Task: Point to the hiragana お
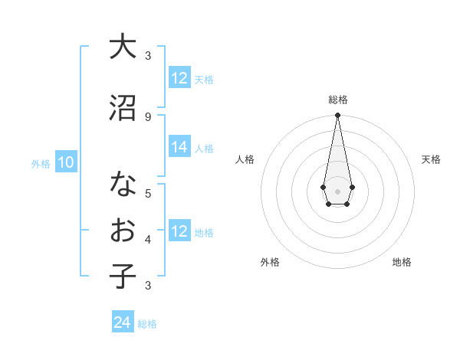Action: pyautogui.click(x=123, y=231)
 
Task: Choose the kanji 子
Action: pyautogui.click(x=123, y=276)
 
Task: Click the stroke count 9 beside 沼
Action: pyautogui.click(x=148, y=116)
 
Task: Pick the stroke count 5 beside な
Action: pyautogui.click(x=148, y=192)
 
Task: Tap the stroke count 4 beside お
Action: pyautogui.click(x=148, y=240)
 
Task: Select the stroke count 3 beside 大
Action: pyautogui.click(x=148, y=56)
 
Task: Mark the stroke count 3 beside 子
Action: pyautogui.click(x=148, y=286)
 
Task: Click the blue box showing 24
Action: pyautogui.click(x=122, y=322)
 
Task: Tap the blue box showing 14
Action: pyautogui.click(x=179, y=147)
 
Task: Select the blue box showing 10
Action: pyautogui.click(x=65, y=162)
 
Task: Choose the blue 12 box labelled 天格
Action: pyautogui.click(x=179, y=78)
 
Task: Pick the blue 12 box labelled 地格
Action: pyautogui.click(x=179, y=231)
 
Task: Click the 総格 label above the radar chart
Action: pyautogui.click(x=337, y=100)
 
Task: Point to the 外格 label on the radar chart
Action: pyautogui.click(x=270, y=262)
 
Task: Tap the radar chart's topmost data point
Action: pyautogui.click(x=337, y=116)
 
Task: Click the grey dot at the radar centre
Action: pyautogui.click(x=337, y=190)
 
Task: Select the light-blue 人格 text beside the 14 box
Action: pyautogui.click(x=204, y=149)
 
